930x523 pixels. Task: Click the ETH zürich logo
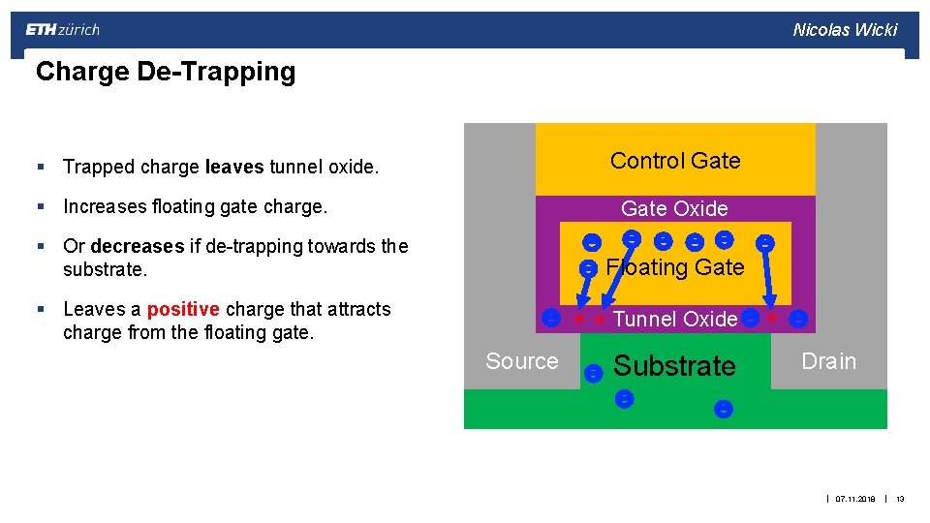[x=62, y=29]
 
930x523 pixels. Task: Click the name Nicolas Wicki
[x=845, y=29]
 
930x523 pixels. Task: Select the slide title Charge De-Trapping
[x=165, y=72]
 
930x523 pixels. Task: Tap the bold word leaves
[x=234, y=168]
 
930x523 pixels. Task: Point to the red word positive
[x=183, y=309]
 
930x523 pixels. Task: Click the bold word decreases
[x=137, y=246]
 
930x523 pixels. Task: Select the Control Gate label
[x=675, y=161]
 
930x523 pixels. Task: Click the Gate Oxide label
[x=674, y=208]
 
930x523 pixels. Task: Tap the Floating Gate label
[x=675, y=267]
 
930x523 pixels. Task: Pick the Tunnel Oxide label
[x=675, y=319]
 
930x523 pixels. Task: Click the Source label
[x=522, y=361]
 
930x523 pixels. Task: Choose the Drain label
[x=828, y=361]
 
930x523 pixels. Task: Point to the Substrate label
[x=675, y=366]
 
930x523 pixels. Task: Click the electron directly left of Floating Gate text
[x=588, y=269]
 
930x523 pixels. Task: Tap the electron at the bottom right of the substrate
[x=723, y=409]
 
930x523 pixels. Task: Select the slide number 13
[x=900, y=499]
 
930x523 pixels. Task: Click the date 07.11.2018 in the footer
[x=855, y=499]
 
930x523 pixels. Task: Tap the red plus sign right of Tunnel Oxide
[x=772, y=318]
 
